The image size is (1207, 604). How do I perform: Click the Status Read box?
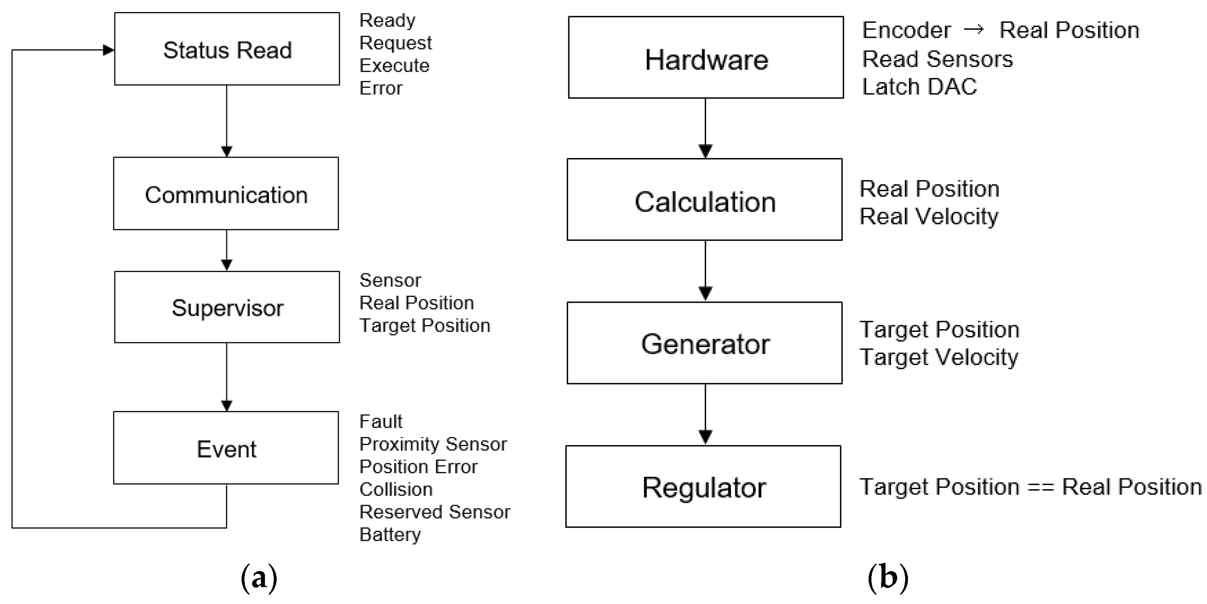click(227, 49)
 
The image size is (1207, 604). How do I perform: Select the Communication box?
click(226, 194)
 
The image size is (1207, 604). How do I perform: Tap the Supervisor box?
click(227, 307)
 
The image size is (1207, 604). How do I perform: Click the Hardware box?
click(706, 58)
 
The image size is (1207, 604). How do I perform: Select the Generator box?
click(705, 344)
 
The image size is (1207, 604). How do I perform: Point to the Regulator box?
click(703, 487)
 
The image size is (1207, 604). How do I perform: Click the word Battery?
click(390, 535)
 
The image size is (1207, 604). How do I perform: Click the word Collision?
click(396, 489)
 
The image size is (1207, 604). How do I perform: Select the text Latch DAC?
click(919, 87)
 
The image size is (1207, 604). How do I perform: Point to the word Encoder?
click(907, 31)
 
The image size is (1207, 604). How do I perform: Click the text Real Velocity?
click(929, 216)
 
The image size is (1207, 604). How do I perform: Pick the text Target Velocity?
click(939, 357)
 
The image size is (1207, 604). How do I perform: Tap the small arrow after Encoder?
click(974, 30)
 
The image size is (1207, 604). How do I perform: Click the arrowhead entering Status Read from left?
click(109, 50)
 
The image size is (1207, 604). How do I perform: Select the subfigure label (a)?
click(259, 578)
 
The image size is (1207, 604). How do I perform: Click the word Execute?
click(394, 65)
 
